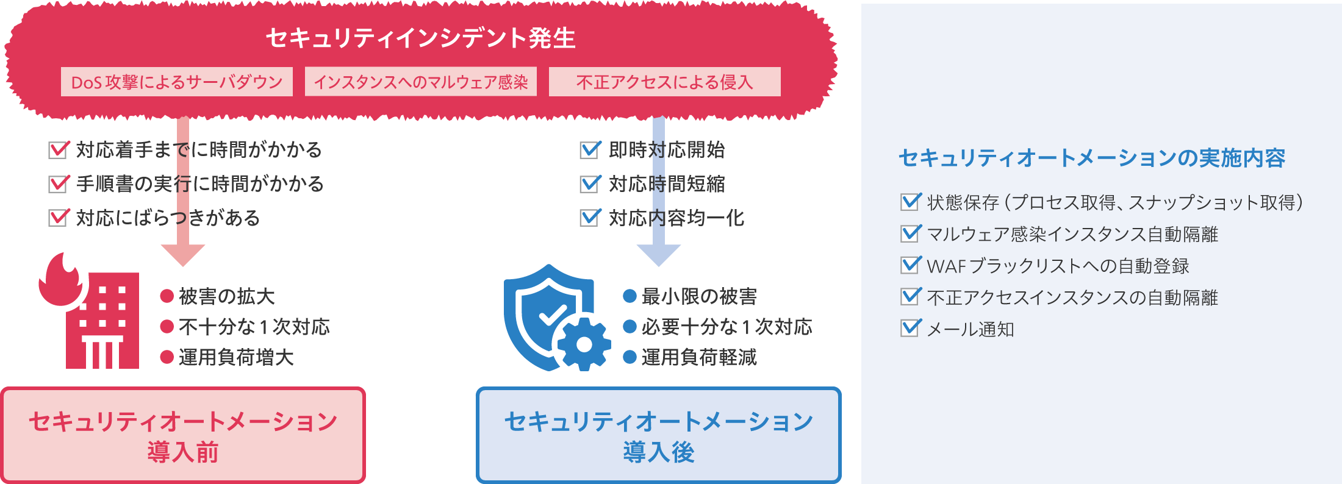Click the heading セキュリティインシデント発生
tap(421, 38)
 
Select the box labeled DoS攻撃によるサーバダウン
tap(177, 82)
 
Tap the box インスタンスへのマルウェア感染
tap(421, 82)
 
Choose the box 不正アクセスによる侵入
tap(665, 82)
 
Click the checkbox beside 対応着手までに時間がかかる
tap(59, 149)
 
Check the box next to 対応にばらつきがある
tap(59, 218)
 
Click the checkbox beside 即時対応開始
tap(590, 149)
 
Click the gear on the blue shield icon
tap(584, 344)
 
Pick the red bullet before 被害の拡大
tap(167, 296)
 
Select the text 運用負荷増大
tap(236, 357)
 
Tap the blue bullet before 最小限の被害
tap(630, 296)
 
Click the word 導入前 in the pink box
tap(183, 452)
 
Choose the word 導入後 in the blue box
tap(659, 452)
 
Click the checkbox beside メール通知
tap(910, 328)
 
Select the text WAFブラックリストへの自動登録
tap(1058, 266)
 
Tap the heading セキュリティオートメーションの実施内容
tap(1092, 158)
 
